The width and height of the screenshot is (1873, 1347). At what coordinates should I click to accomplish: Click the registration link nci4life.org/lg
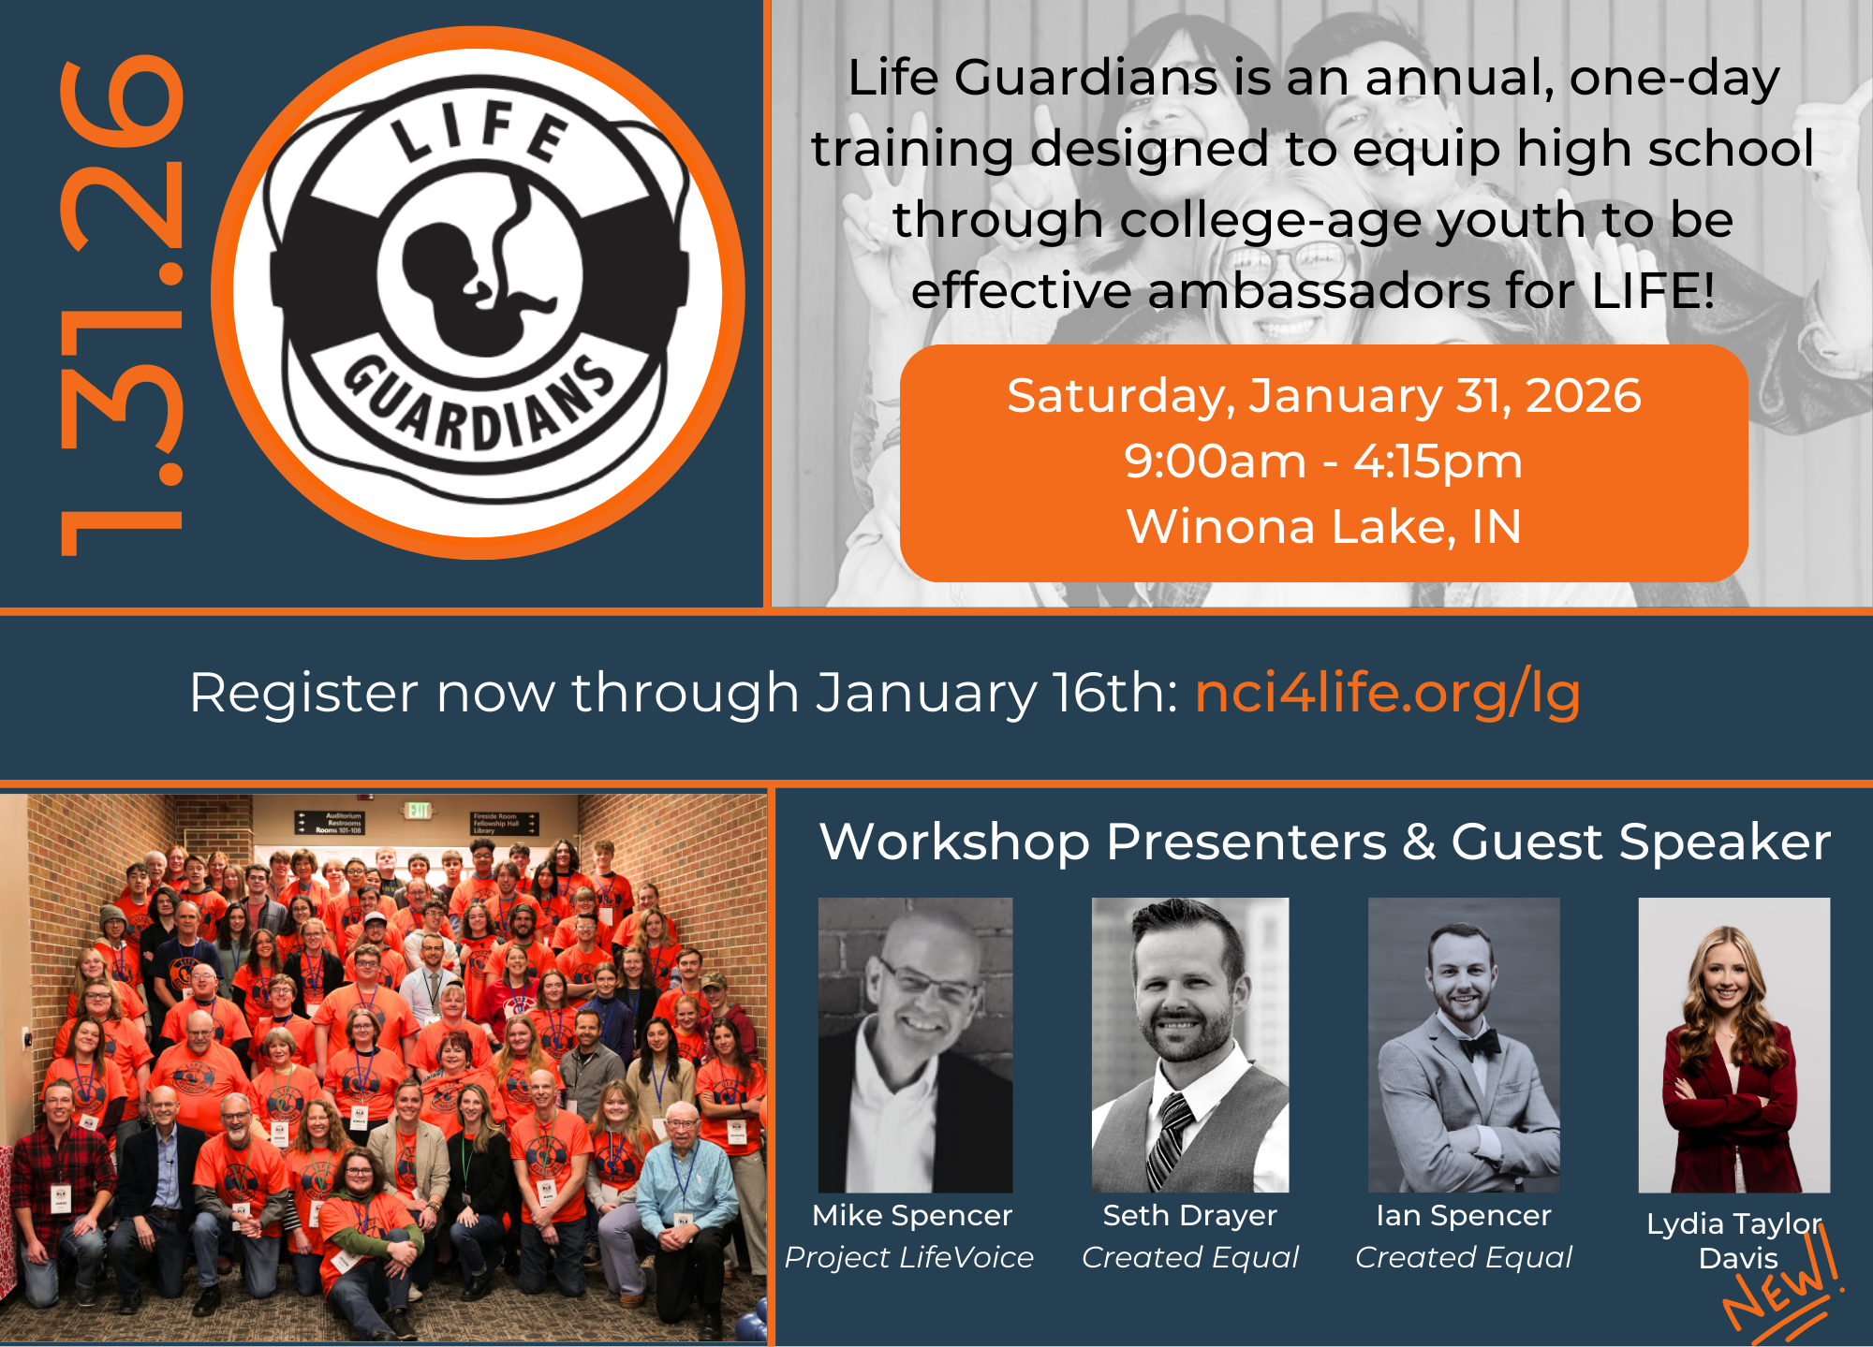1388,694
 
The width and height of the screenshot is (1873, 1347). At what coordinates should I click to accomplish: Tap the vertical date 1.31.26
122,306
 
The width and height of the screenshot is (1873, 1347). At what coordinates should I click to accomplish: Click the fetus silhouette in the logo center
473,271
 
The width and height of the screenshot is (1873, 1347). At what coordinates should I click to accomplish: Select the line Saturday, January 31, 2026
1324,396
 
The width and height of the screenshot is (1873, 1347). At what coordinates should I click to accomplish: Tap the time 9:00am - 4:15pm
1323,461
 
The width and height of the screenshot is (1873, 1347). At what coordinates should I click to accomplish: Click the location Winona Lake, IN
1323,527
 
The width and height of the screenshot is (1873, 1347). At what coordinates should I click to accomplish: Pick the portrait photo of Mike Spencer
915,1045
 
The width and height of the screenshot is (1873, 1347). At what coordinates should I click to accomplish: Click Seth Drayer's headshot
1190,1045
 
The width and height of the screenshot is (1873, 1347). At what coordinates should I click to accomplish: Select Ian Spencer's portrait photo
1464,1045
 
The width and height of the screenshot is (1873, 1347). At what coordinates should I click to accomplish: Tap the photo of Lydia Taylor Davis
1734,1045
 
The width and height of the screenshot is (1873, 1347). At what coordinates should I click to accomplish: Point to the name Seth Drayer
1189,1215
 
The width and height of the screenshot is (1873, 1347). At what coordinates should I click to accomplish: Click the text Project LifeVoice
909,1257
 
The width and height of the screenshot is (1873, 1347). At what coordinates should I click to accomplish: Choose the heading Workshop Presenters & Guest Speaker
1324,842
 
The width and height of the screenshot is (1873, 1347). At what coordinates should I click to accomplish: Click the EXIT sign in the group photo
419,811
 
